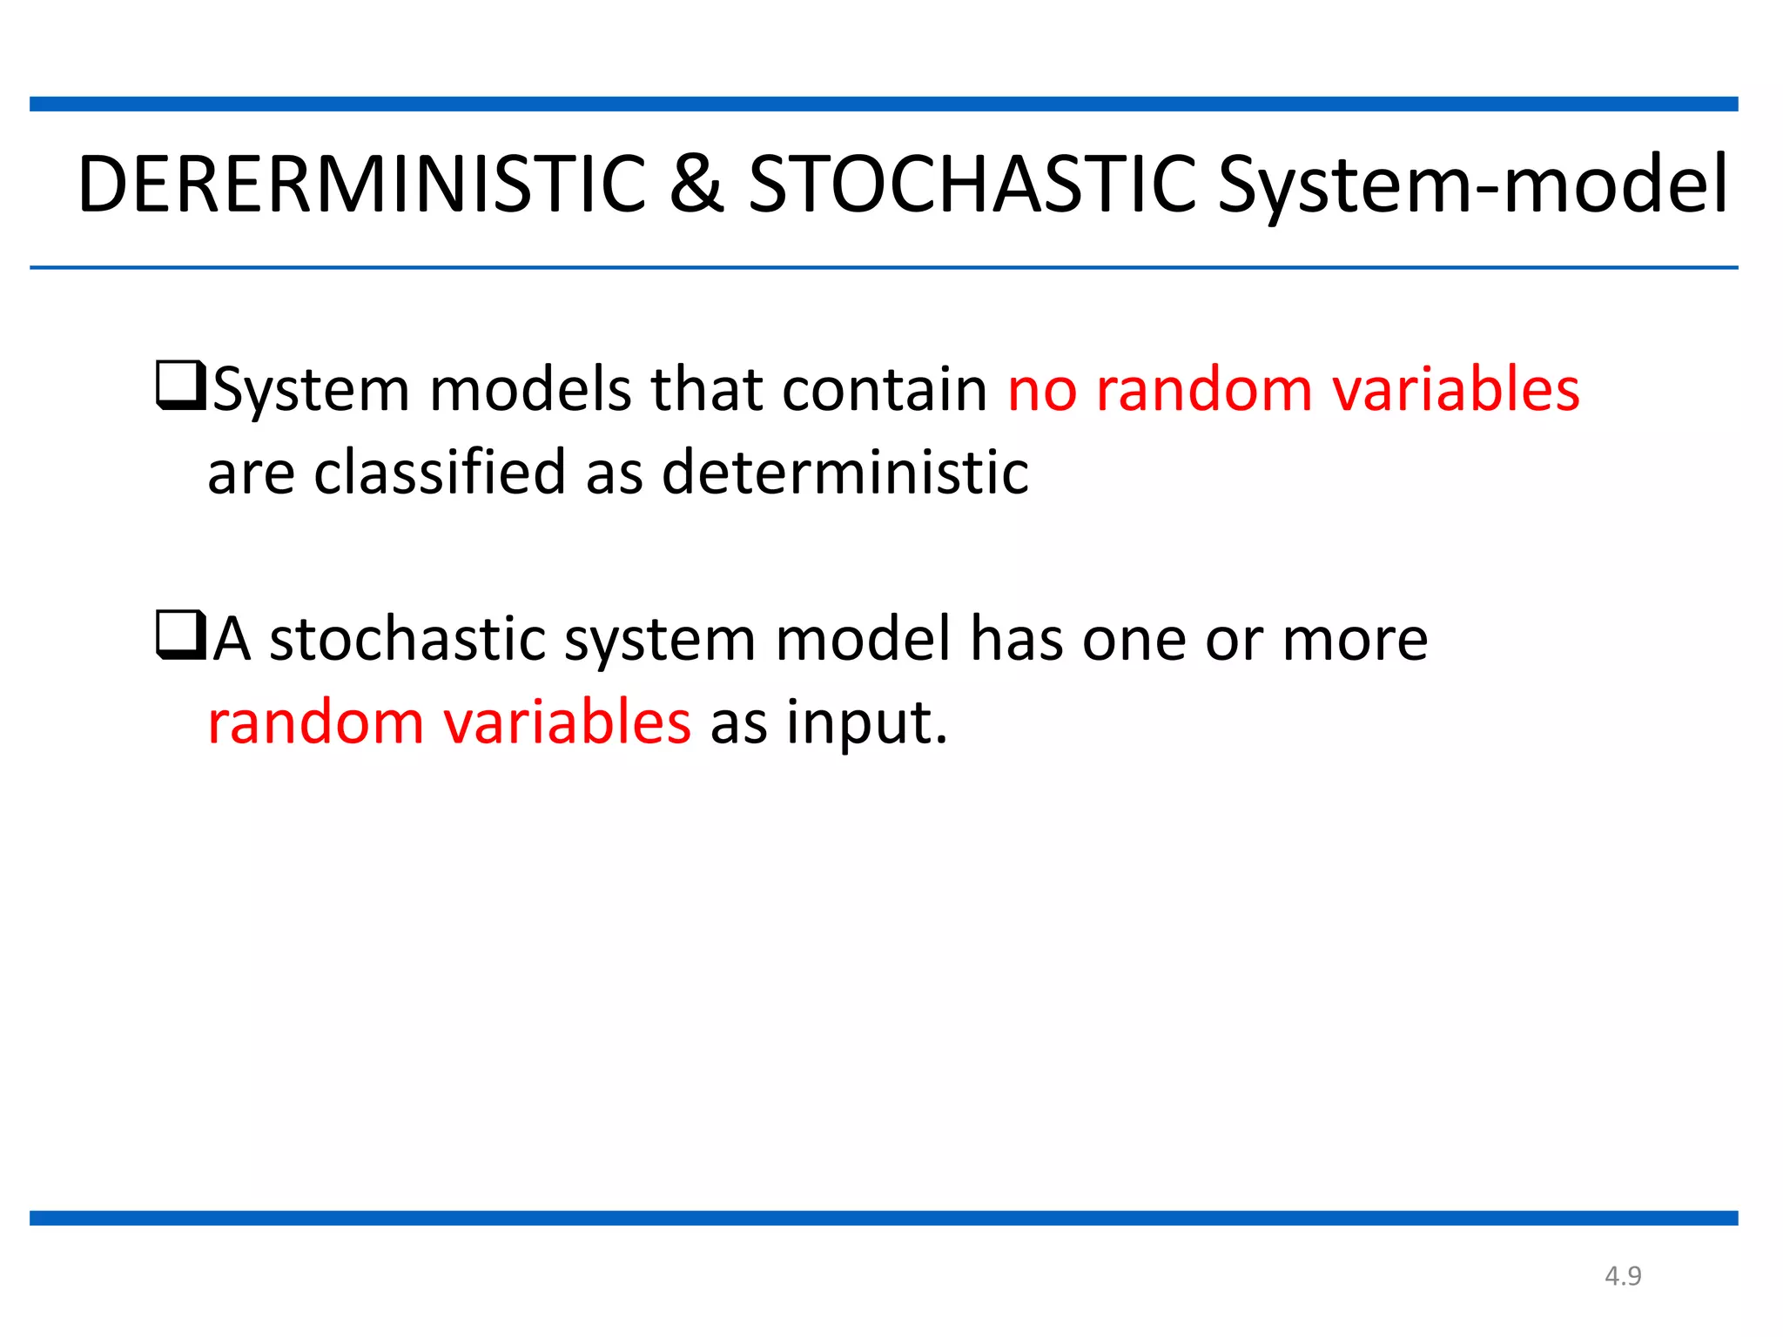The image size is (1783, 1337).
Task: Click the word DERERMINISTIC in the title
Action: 361,184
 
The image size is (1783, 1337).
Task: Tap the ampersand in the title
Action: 696,184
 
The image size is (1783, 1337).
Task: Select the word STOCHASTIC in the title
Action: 972,184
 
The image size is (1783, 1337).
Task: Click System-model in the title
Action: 1472,184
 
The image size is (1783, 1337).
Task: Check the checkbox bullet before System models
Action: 180,386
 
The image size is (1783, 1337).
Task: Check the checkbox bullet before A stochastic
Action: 180,635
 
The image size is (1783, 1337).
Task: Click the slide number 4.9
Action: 1623,1276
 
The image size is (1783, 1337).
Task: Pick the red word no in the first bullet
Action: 1041,389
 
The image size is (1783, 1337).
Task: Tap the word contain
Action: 884,389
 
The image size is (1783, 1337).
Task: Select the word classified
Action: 439,472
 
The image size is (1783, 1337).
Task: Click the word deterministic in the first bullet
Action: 844,472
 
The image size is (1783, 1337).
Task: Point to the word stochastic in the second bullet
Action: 407,639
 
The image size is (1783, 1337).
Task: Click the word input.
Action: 866,722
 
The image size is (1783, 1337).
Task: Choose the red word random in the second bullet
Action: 315,722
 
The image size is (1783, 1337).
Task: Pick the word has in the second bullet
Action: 1016,639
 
